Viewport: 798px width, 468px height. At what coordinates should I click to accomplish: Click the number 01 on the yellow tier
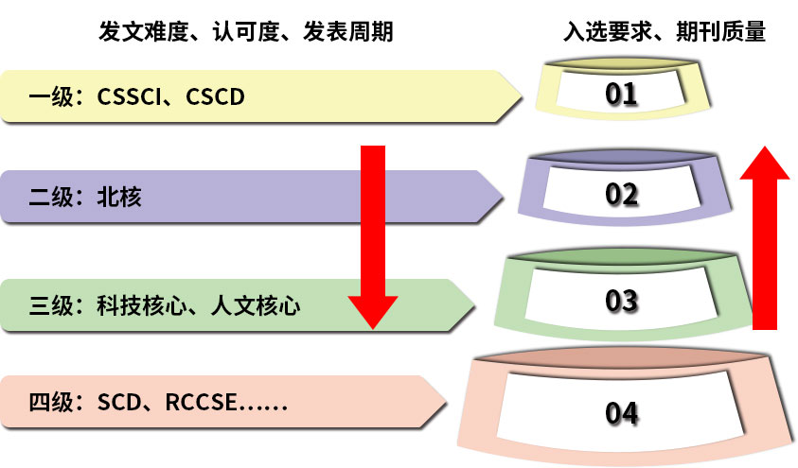click(622, 94)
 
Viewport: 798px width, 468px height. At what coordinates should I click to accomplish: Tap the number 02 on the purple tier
click(622, 194)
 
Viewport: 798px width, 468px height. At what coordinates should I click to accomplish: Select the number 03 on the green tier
click(622, 302)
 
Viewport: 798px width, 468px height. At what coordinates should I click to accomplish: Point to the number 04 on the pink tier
click(622, 413)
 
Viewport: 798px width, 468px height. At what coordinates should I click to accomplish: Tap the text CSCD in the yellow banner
click(215, 95)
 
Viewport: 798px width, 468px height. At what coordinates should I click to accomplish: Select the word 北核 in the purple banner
click(119, 197)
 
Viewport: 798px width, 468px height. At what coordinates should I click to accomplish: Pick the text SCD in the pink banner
click(118, 404)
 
